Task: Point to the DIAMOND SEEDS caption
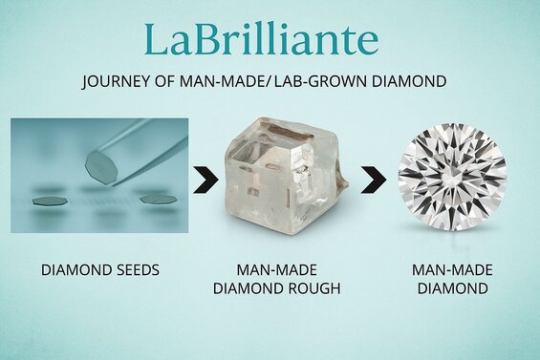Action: pos(99,270)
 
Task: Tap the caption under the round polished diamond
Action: pos(449,278)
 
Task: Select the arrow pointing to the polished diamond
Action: pos(373,180)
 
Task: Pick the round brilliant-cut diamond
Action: pos(451,181)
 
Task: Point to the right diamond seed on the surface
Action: pos(159,199)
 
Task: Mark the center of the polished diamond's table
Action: pos(451,180)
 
